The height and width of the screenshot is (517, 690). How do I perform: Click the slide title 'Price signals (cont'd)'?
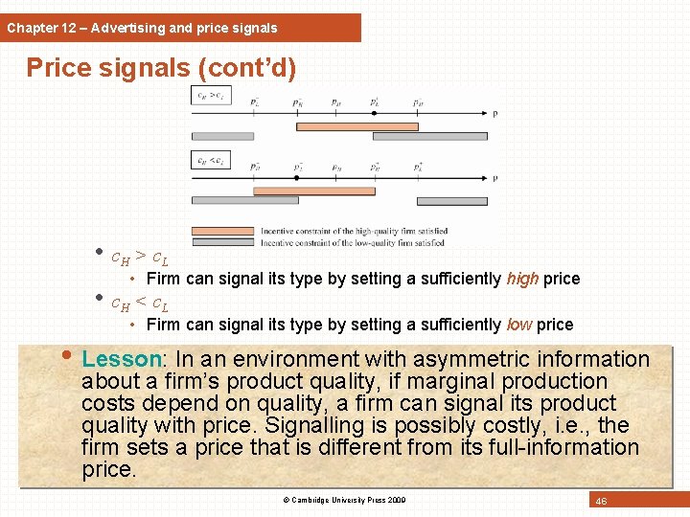click(x=161, y=69)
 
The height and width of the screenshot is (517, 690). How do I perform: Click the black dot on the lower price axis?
click(x=297, y=178)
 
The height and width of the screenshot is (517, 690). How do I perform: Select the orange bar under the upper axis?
click(x=356, y=125)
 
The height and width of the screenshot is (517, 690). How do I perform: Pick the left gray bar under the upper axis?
click(x=222, y=136)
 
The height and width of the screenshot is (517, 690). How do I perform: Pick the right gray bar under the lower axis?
click(x=451, y=201)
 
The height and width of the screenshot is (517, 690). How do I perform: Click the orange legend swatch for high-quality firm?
click(x=224, y=232)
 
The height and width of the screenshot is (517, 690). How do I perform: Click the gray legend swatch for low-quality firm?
click(x=224, y=242)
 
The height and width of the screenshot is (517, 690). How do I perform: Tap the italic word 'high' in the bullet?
click(x=522, y=279)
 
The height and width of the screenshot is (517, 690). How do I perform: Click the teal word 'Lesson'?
click(x=122, y=359)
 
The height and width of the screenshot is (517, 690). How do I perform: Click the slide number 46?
click(x=601, y=501)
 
